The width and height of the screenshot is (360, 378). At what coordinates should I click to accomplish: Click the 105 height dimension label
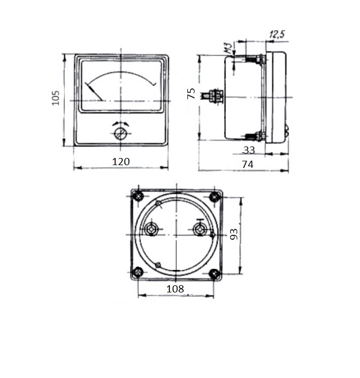pyautogui.click(x=56, y=98)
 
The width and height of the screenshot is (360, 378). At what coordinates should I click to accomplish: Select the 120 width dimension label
pyautogui.click(x=121, y=161)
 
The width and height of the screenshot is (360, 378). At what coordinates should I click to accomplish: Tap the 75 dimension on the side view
pyautogui.click(x=191, y=93)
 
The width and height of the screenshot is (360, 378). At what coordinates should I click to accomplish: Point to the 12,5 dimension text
pyautogui.click(x=277, y=35)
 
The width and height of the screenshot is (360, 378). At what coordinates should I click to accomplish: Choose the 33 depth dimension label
pyautogui.click(x=249, y=150)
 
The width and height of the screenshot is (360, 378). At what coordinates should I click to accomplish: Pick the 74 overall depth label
pyautogui.click(x=248, y=165)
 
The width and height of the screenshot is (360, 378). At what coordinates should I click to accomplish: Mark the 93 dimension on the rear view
pyautogui.click(x=234, y=234)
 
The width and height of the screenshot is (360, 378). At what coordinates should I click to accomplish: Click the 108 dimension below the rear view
pyautogui.click(x=175, y=289)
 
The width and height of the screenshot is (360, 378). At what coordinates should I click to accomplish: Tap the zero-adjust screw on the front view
pyautogui.click(x=120, y=134)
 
